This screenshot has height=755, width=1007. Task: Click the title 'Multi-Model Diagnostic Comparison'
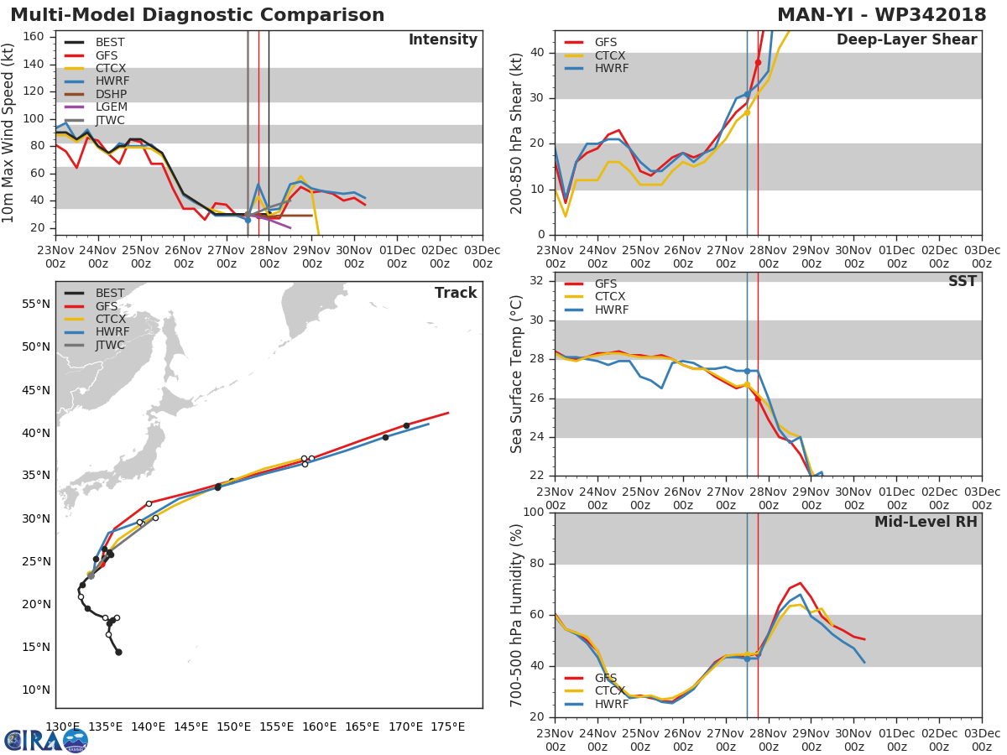197,15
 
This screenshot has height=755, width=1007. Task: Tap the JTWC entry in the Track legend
110,346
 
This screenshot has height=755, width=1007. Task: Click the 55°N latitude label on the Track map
36,304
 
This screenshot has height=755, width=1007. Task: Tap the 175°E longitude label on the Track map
447,726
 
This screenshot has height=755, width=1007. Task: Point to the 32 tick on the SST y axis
537,281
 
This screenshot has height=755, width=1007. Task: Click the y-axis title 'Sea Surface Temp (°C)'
517,374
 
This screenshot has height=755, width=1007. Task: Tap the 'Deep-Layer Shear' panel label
906,40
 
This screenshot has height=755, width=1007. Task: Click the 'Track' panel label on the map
456,293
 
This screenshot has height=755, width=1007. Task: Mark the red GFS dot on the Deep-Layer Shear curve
758,63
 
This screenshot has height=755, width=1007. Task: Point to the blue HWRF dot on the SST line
747,371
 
